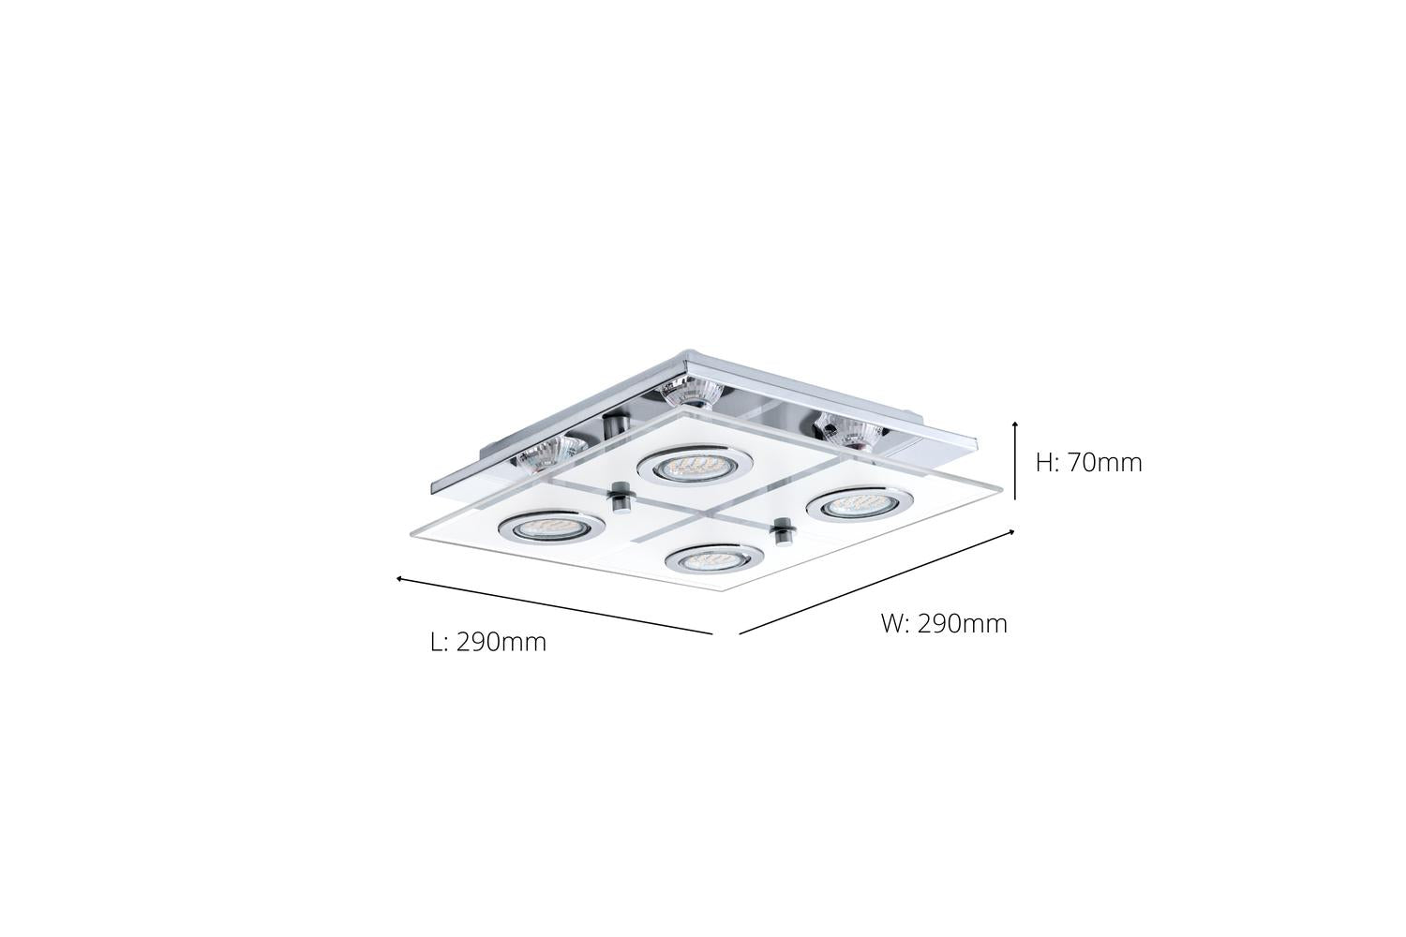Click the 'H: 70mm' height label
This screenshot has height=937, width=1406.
coord(1088,463)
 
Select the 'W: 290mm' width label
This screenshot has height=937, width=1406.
coord(944,624)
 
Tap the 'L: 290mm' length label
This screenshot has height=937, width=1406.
coord(488,642)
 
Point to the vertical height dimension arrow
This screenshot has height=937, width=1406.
coord(1015,461)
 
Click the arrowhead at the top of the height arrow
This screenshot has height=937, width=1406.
coord(1015,424)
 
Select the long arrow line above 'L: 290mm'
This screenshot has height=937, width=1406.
coord(554,605)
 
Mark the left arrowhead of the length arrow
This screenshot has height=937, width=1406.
coord(399,579)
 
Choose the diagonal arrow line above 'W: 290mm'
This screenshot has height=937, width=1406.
coord(876,582)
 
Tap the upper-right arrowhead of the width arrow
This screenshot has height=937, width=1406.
coord(1011,532)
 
